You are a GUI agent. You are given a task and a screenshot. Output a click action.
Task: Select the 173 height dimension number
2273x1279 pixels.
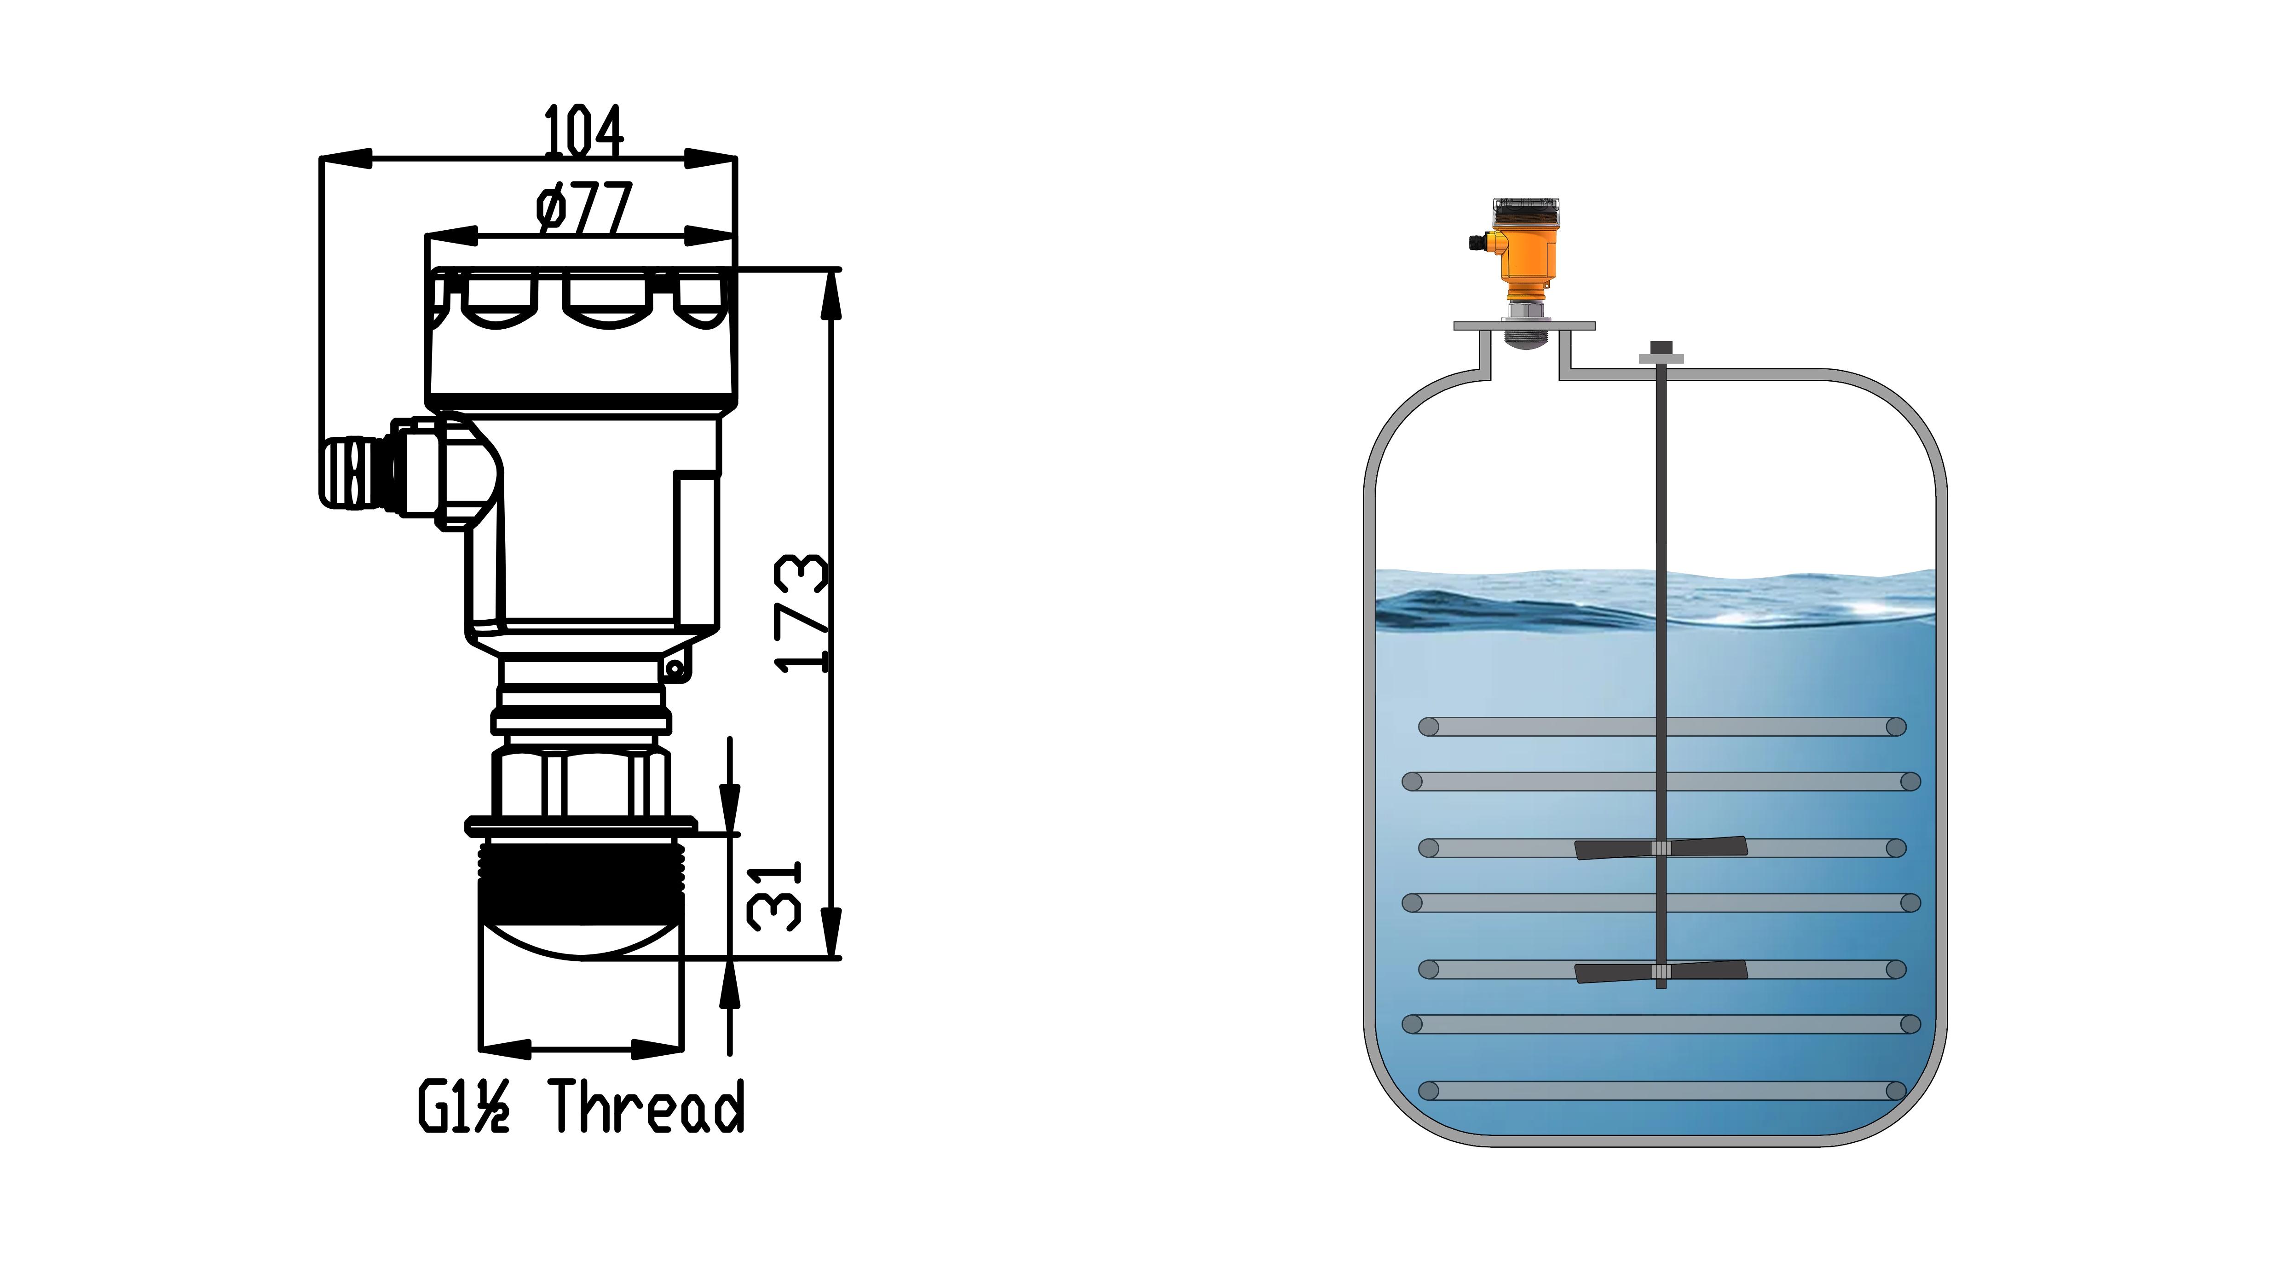[802, 613]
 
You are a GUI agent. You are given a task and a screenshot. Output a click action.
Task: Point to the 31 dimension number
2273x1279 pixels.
[774, 896]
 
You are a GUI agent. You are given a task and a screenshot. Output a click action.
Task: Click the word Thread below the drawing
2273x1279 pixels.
[649, 1106]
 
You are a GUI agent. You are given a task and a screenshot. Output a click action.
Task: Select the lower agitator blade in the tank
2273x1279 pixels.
[1661, 972]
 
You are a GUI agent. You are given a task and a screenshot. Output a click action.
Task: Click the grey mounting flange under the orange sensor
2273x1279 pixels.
[1524, 326]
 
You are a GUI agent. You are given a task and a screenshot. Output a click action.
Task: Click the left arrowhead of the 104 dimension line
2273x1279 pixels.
[346, 159]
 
